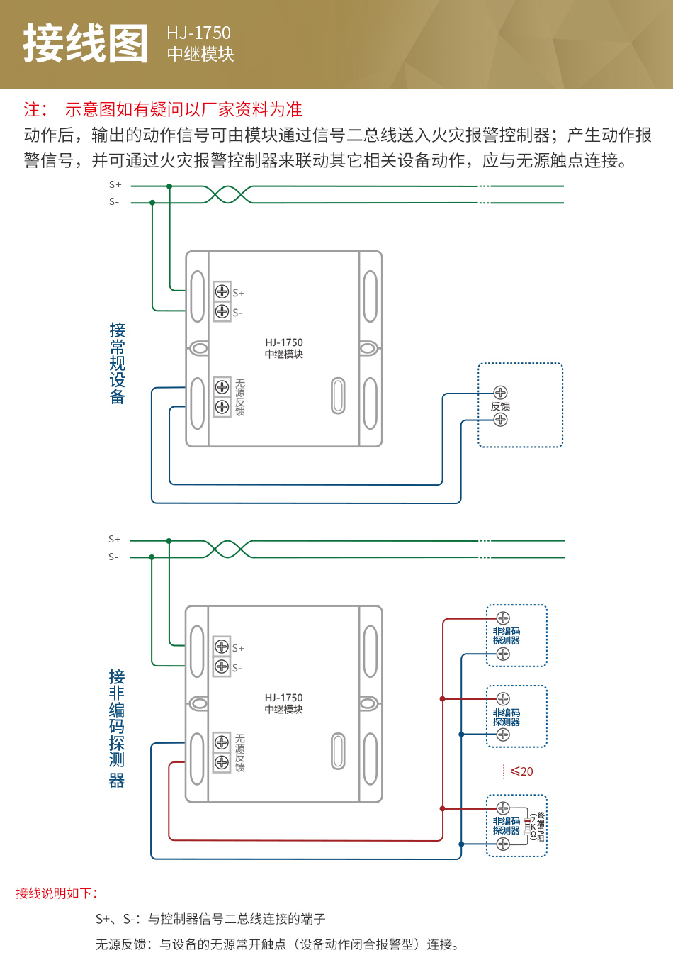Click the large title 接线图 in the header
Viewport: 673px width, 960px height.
pyautogui.click(x=86, y=43)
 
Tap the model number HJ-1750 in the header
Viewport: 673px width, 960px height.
pyautogui.click(x=198, y=33)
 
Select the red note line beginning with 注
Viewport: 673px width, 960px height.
pyautogui.click(x=163, y=109)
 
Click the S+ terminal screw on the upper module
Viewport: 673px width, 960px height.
pyautogui.click(x=222, y=291)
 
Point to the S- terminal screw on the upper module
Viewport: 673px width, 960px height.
pyautogui.click(x=222, y=311)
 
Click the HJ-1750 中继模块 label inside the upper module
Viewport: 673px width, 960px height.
pyautogui.click(x=284, y=348)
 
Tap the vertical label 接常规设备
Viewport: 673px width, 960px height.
pyautogui.click(x=117, y=363)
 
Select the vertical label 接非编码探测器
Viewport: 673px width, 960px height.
pyautogui.click(x=117, y=728)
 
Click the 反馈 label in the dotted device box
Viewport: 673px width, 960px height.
pyautogui.click(x=500, y=406)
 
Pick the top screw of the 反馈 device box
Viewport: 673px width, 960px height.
pyautogui.click(x=500, y=393)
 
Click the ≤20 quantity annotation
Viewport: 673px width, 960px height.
pyautogui.click(x=521, y=771)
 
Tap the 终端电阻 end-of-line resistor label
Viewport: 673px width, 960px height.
pyautogui.click(x=541, y=827)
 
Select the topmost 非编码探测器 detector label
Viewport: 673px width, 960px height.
pyautogui.click(x=507, y=635)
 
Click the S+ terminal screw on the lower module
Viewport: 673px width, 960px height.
pyautogui.click(x=222, y=647)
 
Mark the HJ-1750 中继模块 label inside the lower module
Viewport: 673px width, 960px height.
pyautogui.click(x=284, y=703)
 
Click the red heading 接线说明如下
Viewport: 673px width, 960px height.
pyautogui.click(x=57, y=893)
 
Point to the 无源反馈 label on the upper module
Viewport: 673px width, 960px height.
pyautogui.click(x=240, y=397)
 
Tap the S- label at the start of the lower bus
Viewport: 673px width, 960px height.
pyautogui.click(x=113, y=557)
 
